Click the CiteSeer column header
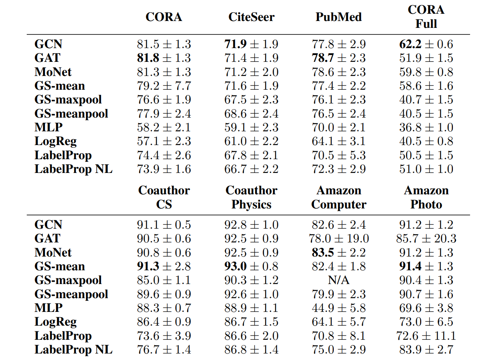coord(251,17)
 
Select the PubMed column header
coord(338,17)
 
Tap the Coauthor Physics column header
coord(251,197)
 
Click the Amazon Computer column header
coord(338,197)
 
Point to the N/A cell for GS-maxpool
coord(338,280)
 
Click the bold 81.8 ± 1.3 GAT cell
coord(164,58)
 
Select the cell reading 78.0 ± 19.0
coord(338,239)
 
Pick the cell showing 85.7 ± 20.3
coord(426,239)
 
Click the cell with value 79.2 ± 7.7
coord(164,86)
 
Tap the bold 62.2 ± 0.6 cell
coord(426,44)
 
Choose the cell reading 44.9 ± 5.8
coord(338,308)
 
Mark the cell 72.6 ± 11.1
coord(426,336)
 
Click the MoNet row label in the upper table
coord(53,72)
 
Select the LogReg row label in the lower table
coord(55,322)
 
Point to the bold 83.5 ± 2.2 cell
coord(338,252)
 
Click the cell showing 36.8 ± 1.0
coord(426,128)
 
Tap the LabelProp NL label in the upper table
coord(73,169)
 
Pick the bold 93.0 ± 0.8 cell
coord(251,266)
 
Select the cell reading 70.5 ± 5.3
coord(338,155)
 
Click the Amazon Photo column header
coord(426,197)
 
